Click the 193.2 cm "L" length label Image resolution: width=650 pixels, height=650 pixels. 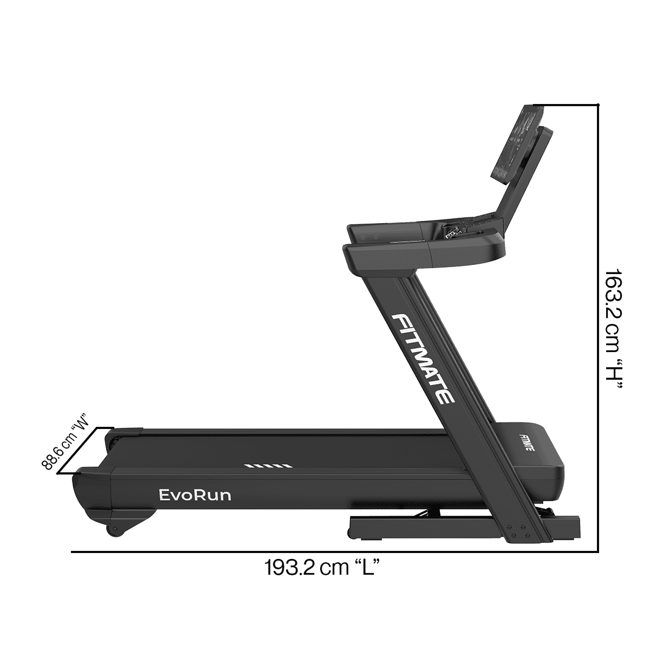tap(320, 568)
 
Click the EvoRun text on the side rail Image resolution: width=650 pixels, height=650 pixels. tap(195, 495)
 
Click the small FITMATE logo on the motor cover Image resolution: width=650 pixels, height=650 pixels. tap(524, 442)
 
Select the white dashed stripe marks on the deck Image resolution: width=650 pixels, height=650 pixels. tap(268, 465)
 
